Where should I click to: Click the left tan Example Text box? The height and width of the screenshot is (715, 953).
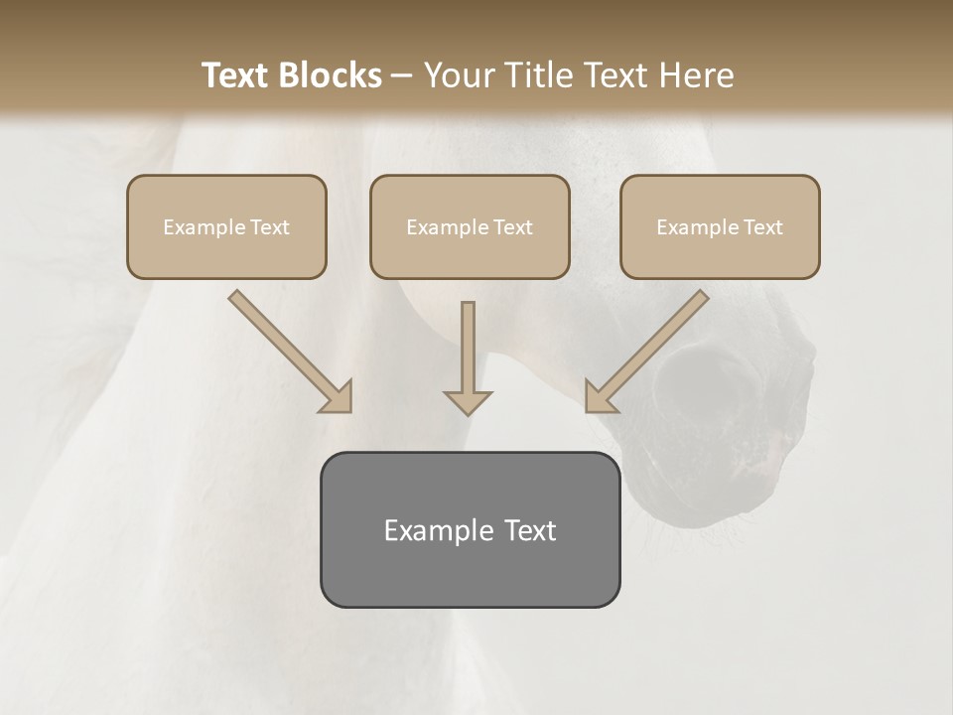226,226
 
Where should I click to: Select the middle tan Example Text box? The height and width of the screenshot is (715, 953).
470,226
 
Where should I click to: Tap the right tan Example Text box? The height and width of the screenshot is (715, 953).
720,226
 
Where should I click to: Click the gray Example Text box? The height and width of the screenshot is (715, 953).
470,529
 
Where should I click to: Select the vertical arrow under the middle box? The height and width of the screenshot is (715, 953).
468,353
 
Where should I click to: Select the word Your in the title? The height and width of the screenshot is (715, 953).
461,75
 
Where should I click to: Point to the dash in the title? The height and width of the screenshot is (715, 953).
402,75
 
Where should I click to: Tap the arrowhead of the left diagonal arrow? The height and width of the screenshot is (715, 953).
339,398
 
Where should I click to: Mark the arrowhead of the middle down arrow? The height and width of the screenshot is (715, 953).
468,401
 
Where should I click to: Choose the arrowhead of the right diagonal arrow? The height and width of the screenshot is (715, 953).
599,398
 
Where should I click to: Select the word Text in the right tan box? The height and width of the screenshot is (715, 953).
762,226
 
